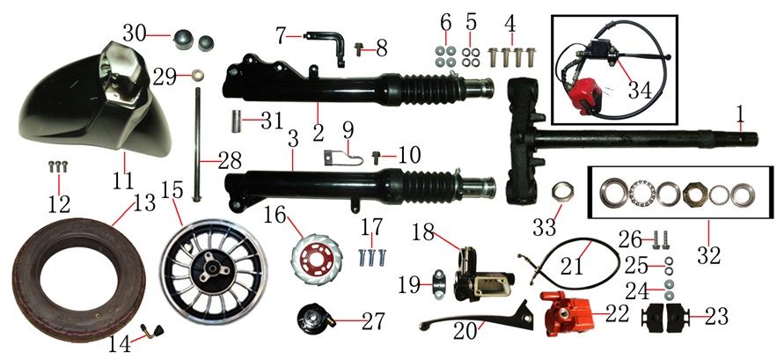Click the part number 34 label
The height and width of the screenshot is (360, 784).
[x=640, y=91]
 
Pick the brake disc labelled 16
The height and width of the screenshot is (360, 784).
[x=313, y=260]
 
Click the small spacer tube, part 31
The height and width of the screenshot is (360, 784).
[x=236, y=121]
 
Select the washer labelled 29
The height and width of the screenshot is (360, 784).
[x=199, y=77]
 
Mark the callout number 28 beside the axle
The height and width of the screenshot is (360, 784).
[x=230, y=161]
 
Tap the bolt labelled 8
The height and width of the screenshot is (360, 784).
[x=359, y=48]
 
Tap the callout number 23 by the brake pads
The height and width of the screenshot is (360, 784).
[x=715, y=317]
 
